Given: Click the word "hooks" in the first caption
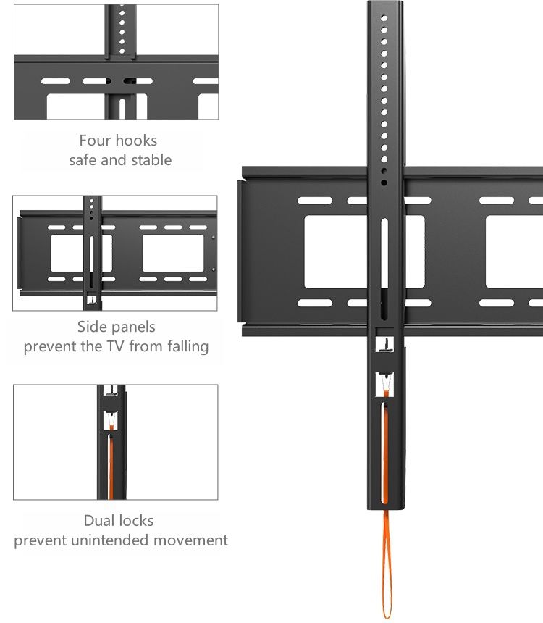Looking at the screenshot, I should pyautogui.click(x=138, y=141).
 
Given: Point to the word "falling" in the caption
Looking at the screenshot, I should pyautogui.click(x=182, y=346).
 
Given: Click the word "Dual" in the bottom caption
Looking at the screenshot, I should pyautogui.click(x=98, y=520).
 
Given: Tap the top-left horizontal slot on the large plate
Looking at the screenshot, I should pyautogui.click(x=314, y=201).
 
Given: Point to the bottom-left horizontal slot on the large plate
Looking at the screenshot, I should pyautogui.click(x=314, y=303).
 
